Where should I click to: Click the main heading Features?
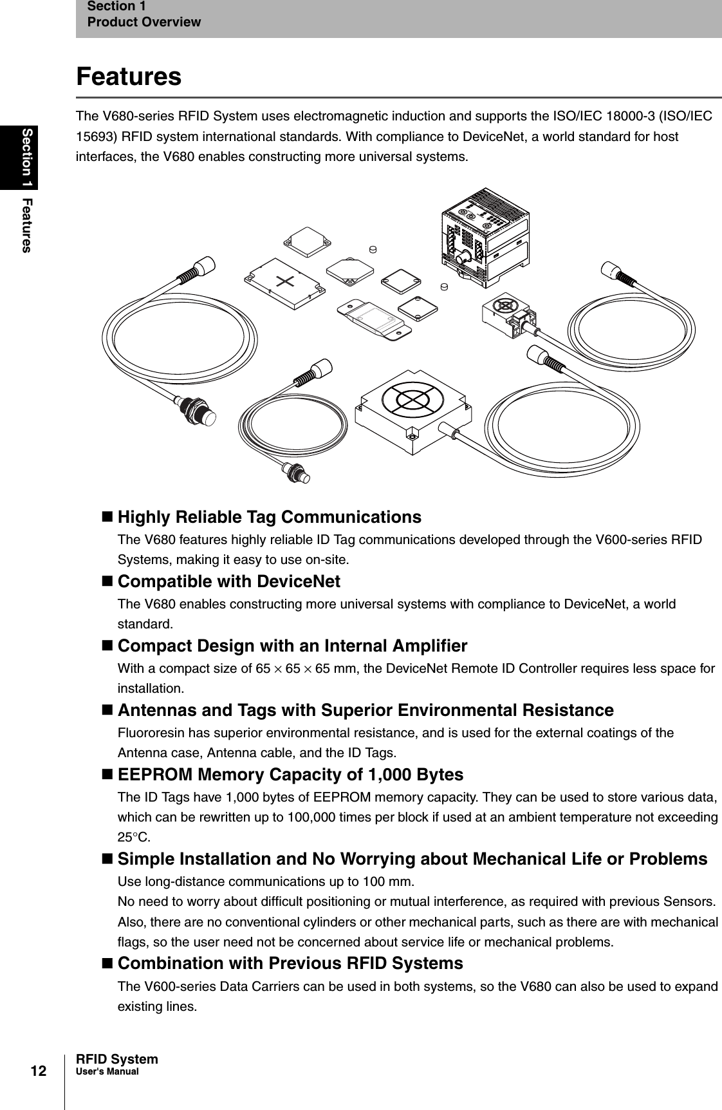click(129, 77)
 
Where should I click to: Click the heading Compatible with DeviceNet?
click(228, 581)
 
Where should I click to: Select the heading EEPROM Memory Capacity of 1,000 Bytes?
click(290, 774)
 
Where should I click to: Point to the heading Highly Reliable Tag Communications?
click(270, 517)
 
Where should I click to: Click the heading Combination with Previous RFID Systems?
click(290, 963)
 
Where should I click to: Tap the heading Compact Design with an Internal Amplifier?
click(292, 645)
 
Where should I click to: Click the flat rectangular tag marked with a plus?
click(284, 283)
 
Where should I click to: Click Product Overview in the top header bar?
click(144, 23)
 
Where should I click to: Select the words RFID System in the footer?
click(116, 1059)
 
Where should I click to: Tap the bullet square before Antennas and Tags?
click(107, 710)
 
